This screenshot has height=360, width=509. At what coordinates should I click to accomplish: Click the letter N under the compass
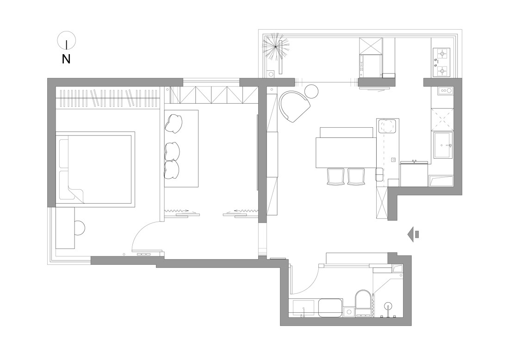[66, 59]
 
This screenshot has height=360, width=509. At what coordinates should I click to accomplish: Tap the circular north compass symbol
[67, 41]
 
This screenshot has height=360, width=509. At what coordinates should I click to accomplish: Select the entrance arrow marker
[413, 234]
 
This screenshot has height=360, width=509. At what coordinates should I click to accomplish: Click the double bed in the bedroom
[95, 169]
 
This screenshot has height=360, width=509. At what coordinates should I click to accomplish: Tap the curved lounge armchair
[294, 106]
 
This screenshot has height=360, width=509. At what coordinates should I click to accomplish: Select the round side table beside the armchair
[311, 91]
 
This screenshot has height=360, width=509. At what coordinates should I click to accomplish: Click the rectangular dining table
[346, 153]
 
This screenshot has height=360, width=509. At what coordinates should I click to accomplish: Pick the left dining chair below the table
[335, 176]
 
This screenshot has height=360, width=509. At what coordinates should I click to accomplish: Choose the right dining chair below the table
[356, 176]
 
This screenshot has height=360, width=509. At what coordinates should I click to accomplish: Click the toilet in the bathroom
[363, 303]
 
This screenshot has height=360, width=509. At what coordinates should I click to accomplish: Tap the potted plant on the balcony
[275, 46]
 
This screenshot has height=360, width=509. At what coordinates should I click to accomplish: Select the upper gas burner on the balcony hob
[441, 53]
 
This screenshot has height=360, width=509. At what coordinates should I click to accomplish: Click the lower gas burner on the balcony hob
[441, 70]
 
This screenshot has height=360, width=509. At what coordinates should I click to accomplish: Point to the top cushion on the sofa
[174, 123]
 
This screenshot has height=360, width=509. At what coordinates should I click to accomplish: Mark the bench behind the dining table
[347, 132]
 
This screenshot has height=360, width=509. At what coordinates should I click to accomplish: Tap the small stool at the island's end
[379, 174]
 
